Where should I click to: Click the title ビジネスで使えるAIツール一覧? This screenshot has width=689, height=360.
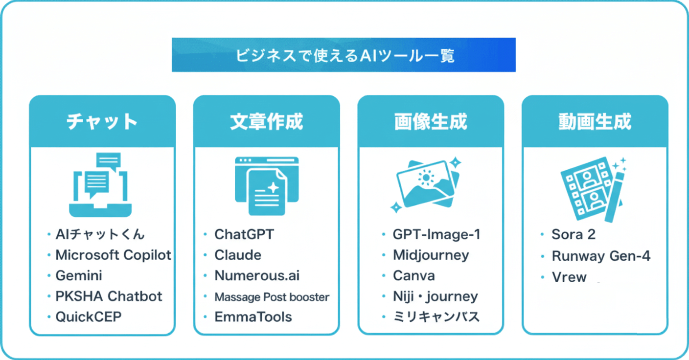[344, 55]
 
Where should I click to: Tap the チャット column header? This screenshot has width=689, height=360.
[102, 121]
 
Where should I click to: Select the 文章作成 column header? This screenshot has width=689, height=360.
[267, 121]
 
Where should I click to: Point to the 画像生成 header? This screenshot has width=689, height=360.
[431, 121]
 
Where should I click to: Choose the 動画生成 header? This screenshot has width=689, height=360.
[595, 121]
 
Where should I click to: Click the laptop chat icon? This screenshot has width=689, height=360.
[101, 185]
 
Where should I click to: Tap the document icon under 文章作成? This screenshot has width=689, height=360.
[267, 186]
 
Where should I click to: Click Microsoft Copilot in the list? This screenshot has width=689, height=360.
[113, 255]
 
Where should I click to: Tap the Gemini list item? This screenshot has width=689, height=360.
[79, 275]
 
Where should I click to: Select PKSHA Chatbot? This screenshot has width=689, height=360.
[109, 296]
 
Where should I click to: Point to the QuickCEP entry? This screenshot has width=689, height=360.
[88, 316]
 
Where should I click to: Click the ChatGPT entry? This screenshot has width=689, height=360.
[244, 234]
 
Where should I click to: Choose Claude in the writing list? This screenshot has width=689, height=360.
[238, 255]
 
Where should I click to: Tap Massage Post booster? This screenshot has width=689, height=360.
[272, 296]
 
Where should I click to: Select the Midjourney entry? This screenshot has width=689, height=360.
[431, 255]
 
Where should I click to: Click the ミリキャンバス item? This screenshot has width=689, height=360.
[436, 316]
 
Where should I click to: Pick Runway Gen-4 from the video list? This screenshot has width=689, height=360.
[601, 255]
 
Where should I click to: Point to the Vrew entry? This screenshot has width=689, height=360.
[569, 277]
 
